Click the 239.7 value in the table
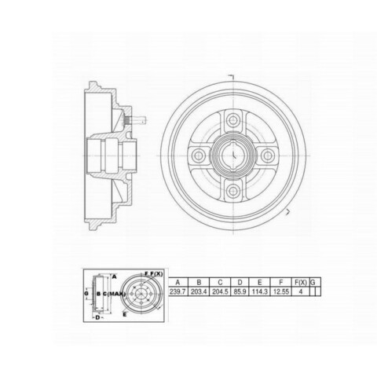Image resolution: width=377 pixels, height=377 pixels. [x=178, y=291]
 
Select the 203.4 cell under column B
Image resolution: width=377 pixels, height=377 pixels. [x=199, y=291]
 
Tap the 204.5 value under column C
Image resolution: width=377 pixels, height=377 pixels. [x=220, y=291]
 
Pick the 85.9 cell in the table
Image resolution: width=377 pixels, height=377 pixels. [x=240, y=291]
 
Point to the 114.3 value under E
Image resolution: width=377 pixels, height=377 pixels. [x=260, y=291]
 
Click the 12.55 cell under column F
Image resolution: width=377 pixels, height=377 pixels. [x=281, y=291]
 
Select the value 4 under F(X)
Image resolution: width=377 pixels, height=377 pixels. [x=301, y=291]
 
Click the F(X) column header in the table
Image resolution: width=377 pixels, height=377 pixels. [x=301, y=283]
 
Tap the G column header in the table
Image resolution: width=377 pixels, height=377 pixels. [x=313, y=283]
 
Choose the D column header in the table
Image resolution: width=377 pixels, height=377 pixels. [x=240, y=283]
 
